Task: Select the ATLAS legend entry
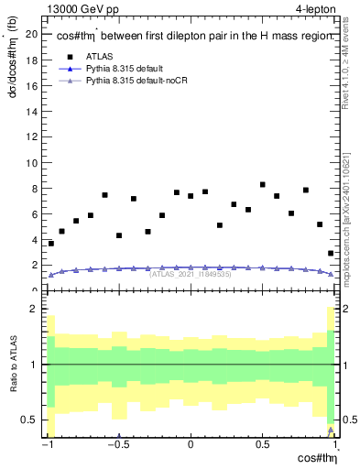pos(99,56)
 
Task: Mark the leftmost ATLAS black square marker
pos(51,244)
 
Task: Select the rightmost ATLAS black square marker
pos(331,254)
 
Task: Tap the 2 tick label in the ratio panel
pos(34,310)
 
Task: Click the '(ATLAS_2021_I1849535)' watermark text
pos(190,274)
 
